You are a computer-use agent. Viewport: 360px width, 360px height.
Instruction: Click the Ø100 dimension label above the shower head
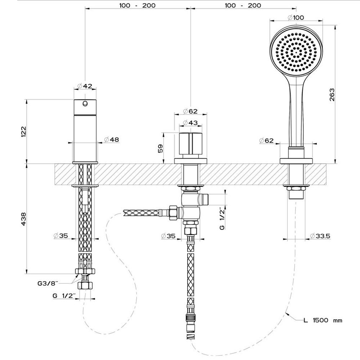[x=296, y=17]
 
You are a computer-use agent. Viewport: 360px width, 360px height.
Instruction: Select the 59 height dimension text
[x=160, y=149]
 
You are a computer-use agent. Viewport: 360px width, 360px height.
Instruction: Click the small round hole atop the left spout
[x=85, y=103]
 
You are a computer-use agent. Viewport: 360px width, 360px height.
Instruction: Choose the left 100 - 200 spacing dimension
[x=137, y=6]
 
